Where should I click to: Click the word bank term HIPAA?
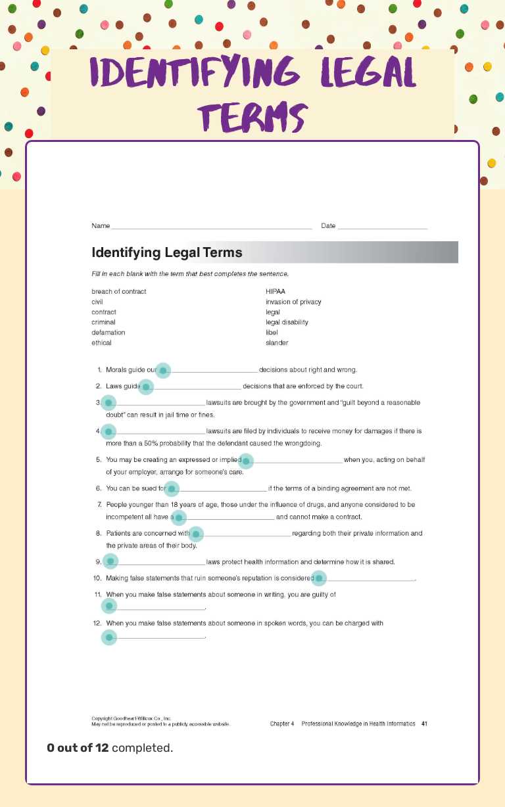point(275,291)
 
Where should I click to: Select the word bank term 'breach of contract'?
point(119,291)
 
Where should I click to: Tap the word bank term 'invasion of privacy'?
point(293,302)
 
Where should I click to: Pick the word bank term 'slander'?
point(277,342)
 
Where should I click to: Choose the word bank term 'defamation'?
point(108,333)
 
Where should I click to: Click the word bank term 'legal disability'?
point(287,322)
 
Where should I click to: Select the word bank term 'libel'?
point(272,333)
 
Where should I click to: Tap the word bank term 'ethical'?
point(101,342)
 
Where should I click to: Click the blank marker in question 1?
point(163,371)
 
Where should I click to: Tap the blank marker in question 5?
point(246,461)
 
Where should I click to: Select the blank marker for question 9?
point(110,561)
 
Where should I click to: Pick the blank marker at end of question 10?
point(319,578)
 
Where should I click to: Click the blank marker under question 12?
point(109,637)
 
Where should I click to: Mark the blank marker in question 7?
point(178,518)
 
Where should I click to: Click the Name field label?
point(101,226)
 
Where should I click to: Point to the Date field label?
point(328,226)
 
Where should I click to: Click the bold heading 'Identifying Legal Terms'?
point(167,252)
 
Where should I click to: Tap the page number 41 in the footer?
point(424,724)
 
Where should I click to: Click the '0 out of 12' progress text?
point(77,748)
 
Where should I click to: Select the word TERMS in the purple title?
point(253,118)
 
